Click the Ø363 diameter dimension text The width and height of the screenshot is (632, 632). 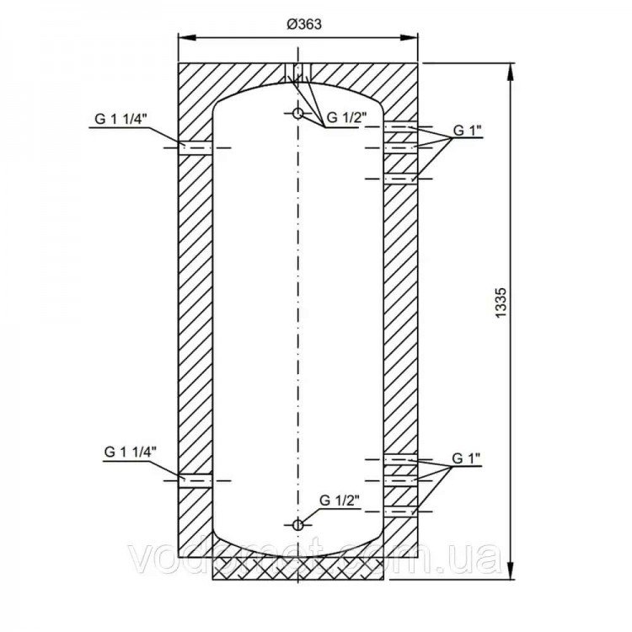point(304,24)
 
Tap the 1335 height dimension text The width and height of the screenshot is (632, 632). point(501,302)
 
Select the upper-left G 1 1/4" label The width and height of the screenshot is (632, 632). point(121,119)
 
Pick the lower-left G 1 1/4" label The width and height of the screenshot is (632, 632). point(130,452)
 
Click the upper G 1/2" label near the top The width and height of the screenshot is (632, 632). point(346,117)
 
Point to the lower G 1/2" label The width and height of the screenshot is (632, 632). point(340,501)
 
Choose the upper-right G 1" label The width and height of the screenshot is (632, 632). point(467,130)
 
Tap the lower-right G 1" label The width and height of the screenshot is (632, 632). point(466,458)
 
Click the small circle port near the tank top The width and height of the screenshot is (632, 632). point(297,114)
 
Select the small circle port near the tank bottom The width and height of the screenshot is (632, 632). point(297,525)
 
